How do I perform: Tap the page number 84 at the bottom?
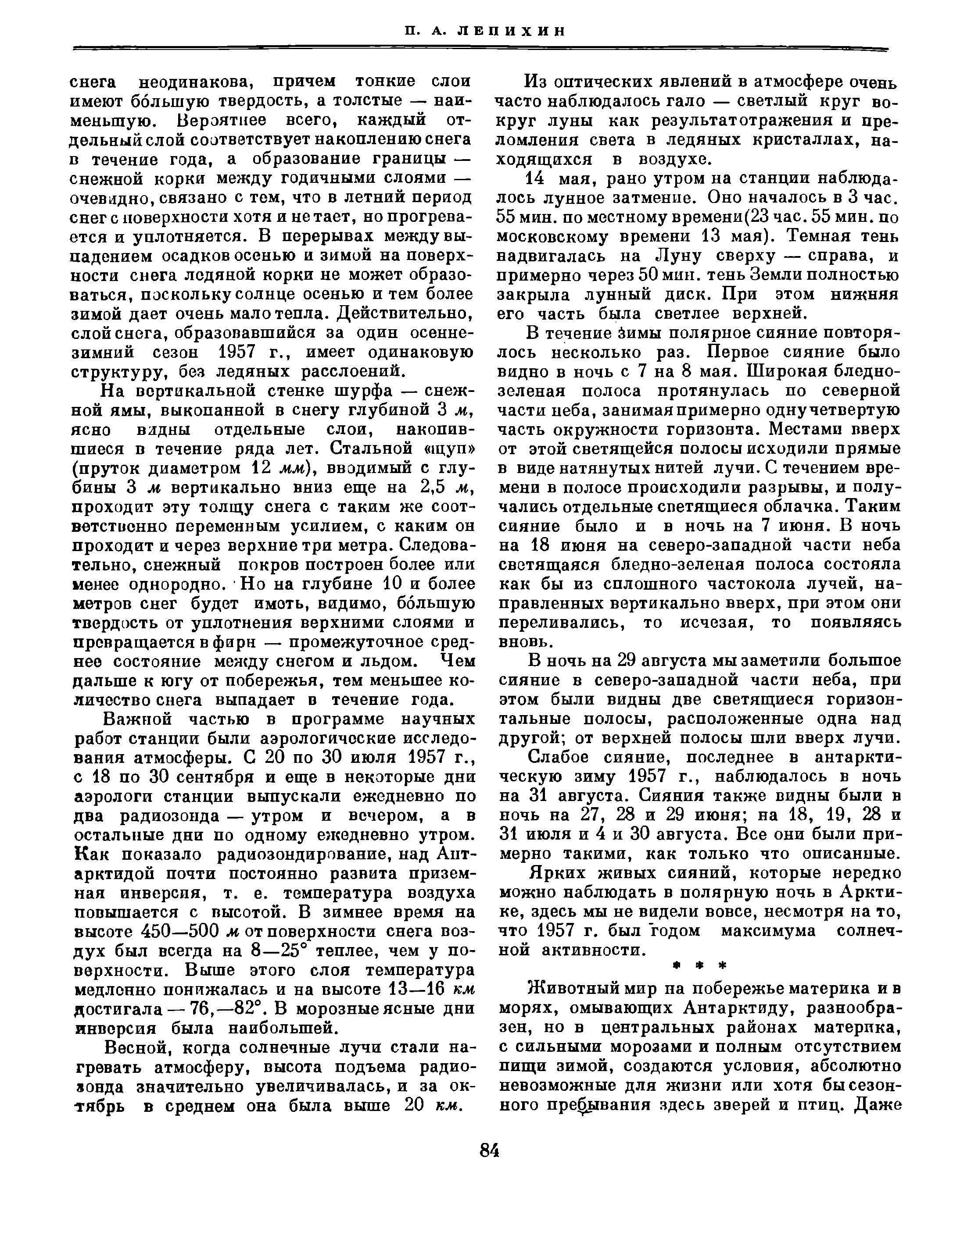click(489, 1151)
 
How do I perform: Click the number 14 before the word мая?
click(536, 179)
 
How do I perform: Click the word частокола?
click(749, 584)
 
